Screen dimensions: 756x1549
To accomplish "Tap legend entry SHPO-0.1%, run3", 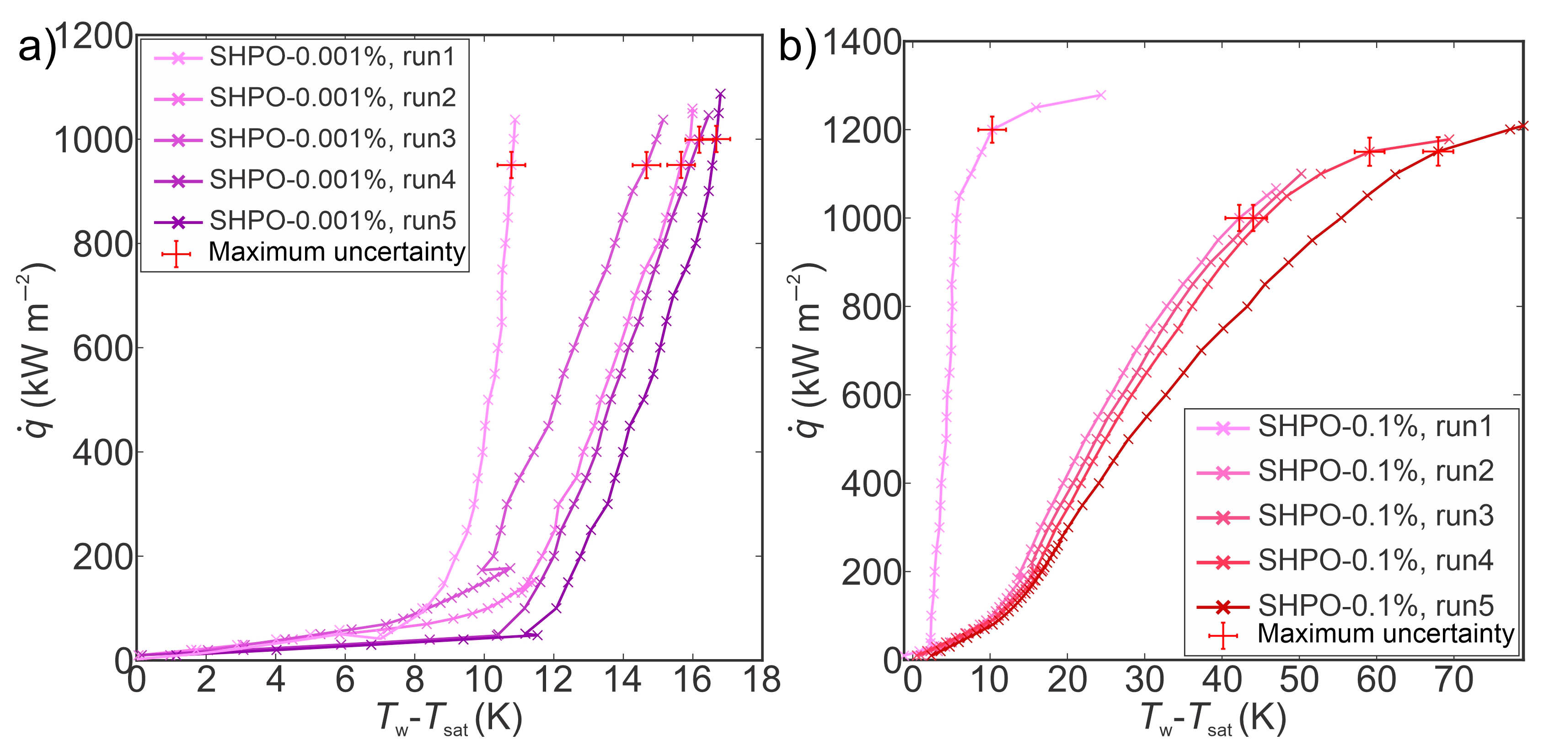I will tap(1375, 516).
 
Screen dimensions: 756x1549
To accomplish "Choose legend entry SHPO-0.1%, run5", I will tap(1375, 605).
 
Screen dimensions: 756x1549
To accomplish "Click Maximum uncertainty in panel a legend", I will tap(336, 252).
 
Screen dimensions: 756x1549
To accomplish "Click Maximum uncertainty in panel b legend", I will tap(1385, 634).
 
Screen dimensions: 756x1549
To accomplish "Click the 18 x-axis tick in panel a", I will tap(761, 680).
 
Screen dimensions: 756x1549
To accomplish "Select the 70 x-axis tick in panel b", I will tap(1453, 680).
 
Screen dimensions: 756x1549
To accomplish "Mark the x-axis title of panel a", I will tap(449, 719).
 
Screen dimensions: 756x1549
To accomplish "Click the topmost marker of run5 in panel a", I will tap(720, 94).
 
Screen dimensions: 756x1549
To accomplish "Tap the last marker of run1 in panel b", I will tap(1100, 95).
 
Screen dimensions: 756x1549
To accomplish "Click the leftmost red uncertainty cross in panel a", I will tap(511, 165).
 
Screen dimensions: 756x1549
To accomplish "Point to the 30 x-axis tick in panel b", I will tap(1144, 680).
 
